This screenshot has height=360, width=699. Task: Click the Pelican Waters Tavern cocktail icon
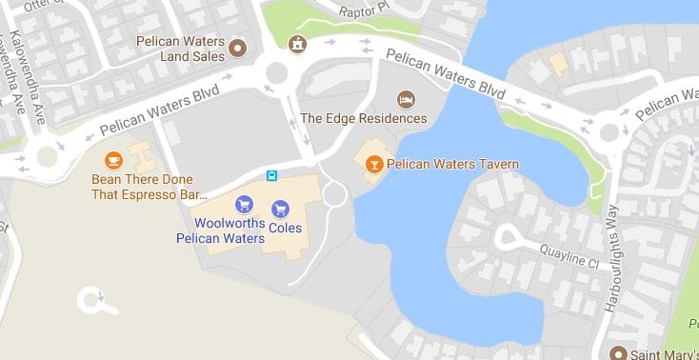pyautogui.click(x=374, y=165)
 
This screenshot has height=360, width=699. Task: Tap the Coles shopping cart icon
pyautogui.click(x=280, y=209)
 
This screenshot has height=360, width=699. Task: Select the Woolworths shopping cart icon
pyautogui.click(x=244, y=203)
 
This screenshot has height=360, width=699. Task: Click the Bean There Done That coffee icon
pyautogui.click(x=113, y=160)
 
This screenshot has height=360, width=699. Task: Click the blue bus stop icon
pyautogui.click(x=271, y=175)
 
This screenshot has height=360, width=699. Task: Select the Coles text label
pyautogui.click(x=285, y=229)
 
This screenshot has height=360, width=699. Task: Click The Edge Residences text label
pyautogui.click(x=363, y=119)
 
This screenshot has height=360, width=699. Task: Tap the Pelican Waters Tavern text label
pyautogui.click(x=452, y=165)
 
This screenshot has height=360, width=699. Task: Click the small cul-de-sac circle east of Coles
pyautogui.click(x=335, y=193)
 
